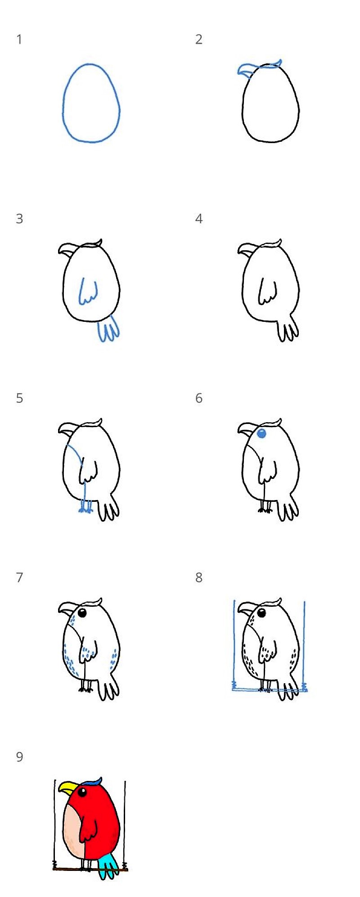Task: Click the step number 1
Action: tap(19, 40)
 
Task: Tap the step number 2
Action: tap(199, 40)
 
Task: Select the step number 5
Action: tap(19, 398)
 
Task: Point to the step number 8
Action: tap(199, 577)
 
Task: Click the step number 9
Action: tap(19, 757)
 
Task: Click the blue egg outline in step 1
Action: tap(63, 104)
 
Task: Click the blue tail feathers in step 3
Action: tap(108, 329)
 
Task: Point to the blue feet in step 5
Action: tap(85, 509)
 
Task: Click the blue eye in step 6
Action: tap(261, 434)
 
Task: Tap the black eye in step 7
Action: tap(82, 613)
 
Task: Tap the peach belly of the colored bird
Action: tap(72, 833)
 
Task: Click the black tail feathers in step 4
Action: tap(288, 329)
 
